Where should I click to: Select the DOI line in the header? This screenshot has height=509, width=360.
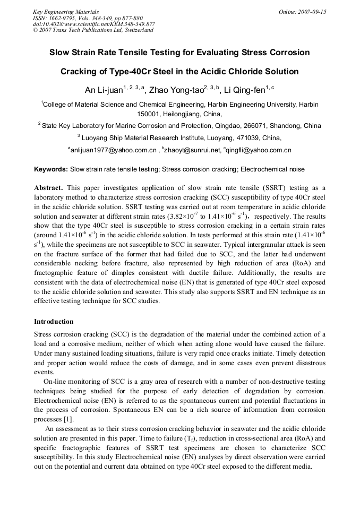pyautogui.click(x=93, y=24)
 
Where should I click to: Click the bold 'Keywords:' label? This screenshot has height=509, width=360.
pyautogui.click(x=51, y=169)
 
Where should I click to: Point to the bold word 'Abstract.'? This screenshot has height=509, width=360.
pyautogui.click(x=49, y=188)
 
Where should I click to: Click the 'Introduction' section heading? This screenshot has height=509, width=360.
pyautogui.click(x=54, y=322)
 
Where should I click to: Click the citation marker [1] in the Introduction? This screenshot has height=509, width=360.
pyautogui.click(x=67, y=419)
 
